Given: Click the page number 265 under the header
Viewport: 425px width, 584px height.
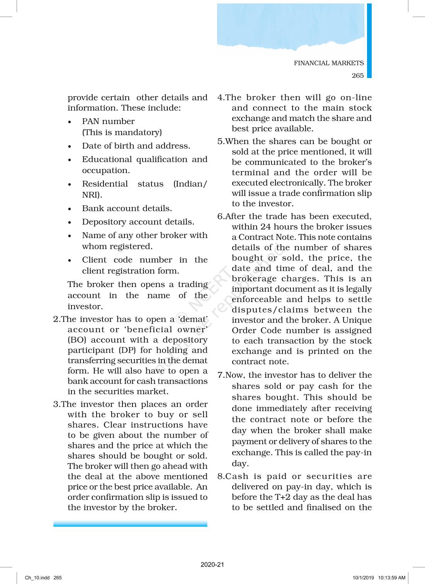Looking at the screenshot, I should pyautogui.click(x=357, y=76).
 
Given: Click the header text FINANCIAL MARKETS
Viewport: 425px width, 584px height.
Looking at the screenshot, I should pyautogui.click(x=328, y=63).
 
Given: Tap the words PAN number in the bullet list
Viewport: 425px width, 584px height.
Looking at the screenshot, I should pyautogui.click(x=108, y=121).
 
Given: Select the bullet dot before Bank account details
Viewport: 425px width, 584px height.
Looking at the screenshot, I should pyautogui.click(x=70, y=209).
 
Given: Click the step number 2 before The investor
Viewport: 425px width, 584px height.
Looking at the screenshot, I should pyautogui.click(x=56, y=319).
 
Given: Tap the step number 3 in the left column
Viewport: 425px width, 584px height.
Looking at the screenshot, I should pyautogui.click(x=56, y=404).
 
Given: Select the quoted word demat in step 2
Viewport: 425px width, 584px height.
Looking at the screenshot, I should pyautogui.click(x=192, y=319).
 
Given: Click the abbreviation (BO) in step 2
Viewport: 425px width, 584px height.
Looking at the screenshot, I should pyautogui.click(x=77, y=340).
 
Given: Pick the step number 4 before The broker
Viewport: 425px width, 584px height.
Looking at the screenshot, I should pyautogui.click(x=220, y=98).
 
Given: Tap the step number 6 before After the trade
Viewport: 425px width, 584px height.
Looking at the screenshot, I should pyautogui.click(x=220, y=217).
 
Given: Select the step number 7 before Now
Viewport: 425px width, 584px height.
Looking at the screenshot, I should pyautogui.click(x=220, y=375).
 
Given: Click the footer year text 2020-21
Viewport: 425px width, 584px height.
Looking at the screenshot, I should pyautogui.click(x=212, y=565).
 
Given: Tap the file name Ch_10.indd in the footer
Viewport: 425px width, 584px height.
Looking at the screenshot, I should pyautogui.click(x=37, y=578).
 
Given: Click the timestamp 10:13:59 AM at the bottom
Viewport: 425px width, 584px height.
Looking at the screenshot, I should pyautogui.click(x=391, y=578).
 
